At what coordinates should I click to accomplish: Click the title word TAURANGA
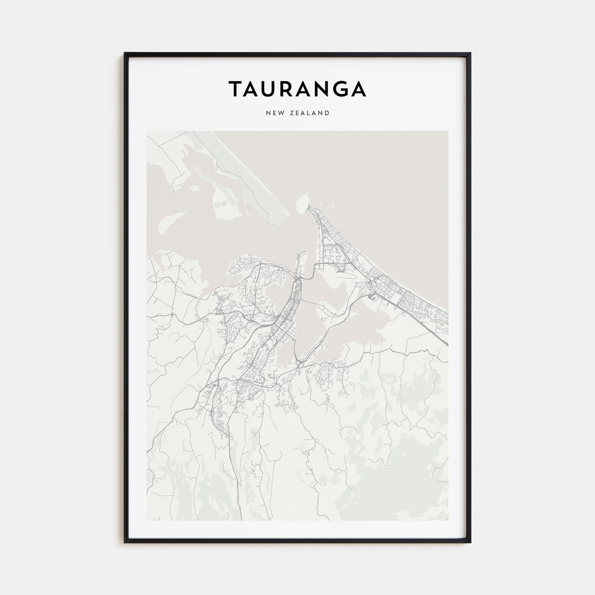pyautogui.click(x=297, y=89)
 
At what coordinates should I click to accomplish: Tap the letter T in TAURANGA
pyautogui.click(x=237, y=89)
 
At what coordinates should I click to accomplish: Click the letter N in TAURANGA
pyautogui.click(x=321, y=89)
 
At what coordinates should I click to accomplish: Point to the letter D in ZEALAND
pyautogui.click(x=327, y=113)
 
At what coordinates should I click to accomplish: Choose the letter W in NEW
pyautogui.click(x=282, y=113)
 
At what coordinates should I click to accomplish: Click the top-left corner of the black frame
pyautogui.click(x=125, y=54)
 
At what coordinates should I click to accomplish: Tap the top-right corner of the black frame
pyautogui.click(x=470, y=54)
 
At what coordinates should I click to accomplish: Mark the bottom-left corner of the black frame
pyautogui.click(x=125, y=542)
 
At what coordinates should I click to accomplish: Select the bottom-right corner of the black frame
pyautogui.click(x=470, y=542)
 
